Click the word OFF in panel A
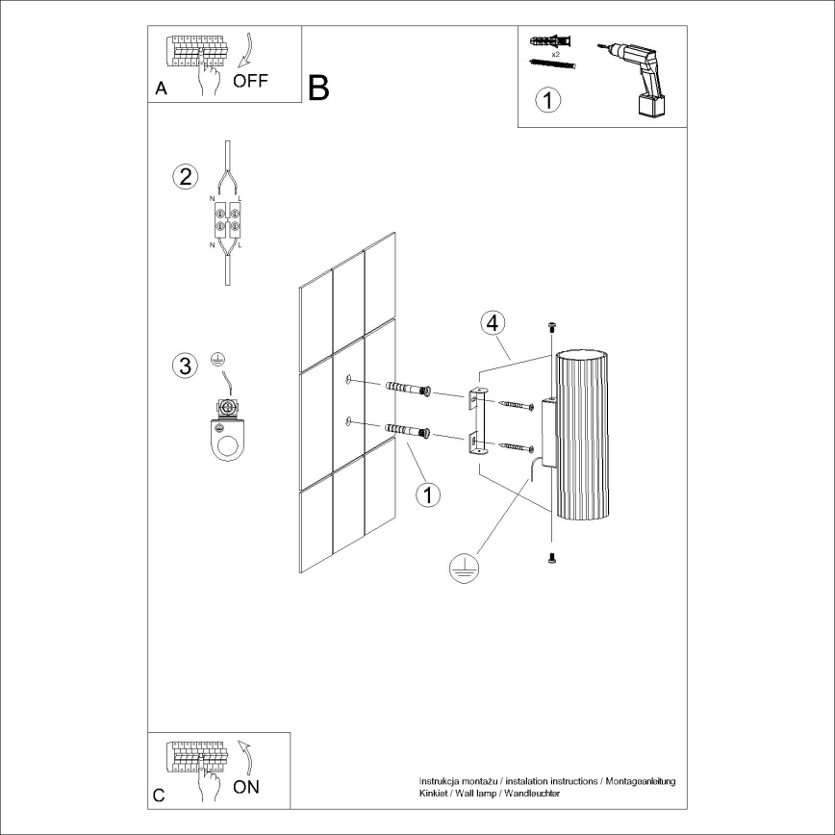(250, 81)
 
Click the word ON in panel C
(247, 787)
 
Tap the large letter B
(318, 88)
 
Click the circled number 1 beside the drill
(547, 99)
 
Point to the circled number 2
(185, 177)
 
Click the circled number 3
(185, 366)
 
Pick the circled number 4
(492, 322)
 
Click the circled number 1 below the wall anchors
(427, 494)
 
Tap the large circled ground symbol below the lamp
(464, 570)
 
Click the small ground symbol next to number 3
(217, 361)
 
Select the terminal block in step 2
(227, 219)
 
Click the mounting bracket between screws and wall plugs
(477, 421)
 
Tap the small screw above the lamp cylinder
(551, 328)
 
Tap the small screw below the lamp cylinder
(551, 558)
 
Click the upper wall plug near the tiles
(407, 389)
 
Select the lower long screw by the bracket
(516, 446)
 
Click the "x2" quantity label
(556, 54)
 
